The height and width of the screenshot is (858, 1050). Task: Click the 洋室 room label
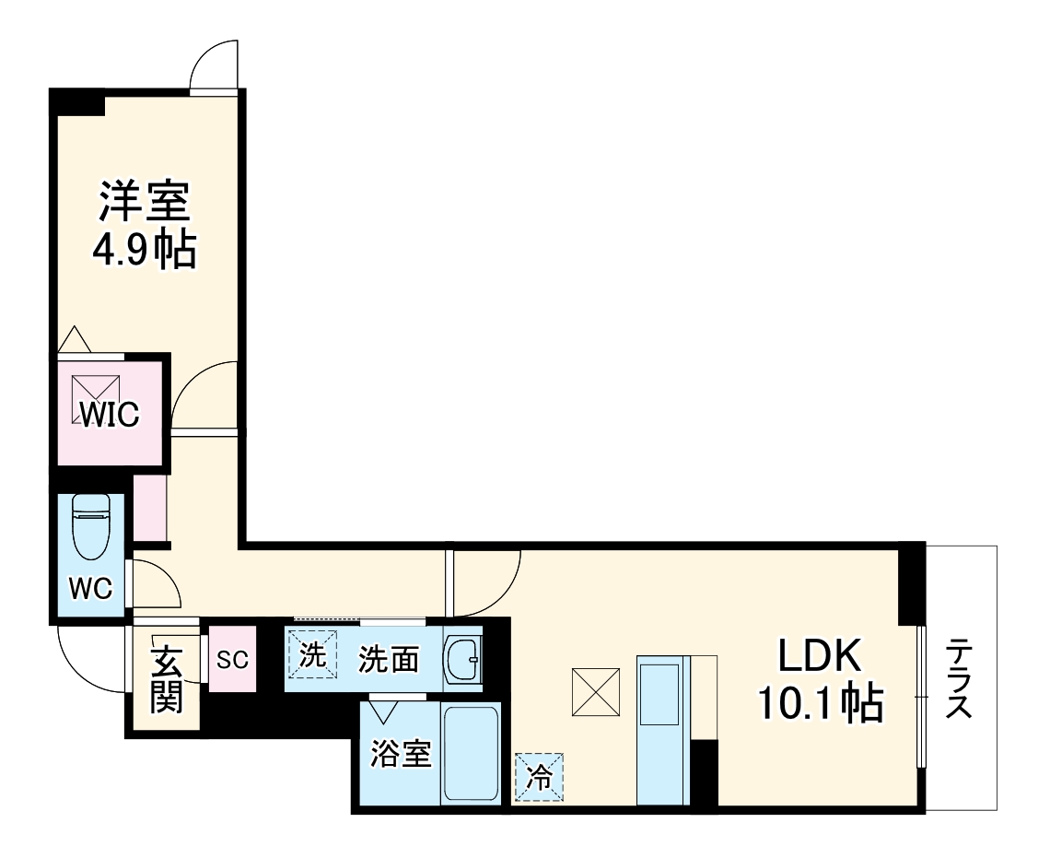pos(145,201)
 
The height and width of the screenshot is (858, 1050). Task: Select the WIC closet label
pos(109,415)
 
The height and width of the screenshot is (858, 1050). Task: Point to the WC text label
pos(90,588)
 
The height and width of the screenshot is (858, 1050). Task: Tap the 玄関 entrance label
pos(166,680)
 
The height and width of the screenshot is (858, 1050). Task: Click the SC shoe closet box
pos(232,659)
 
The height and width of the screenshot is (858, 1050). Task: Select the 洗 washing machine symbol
pos(312,656)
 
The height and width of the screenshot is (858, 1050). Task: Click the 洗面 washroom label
pos(388,659)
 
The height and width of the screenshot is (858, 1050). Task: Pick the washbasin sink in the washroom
pos(462,659)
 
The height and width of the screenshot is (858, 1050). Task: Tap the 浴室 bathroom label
pos(401,754)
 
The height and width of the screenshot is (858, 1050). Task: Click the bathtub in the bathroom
pos(471,753)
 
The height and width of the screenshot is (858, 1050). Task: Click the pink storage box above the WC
pos(150,508)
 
